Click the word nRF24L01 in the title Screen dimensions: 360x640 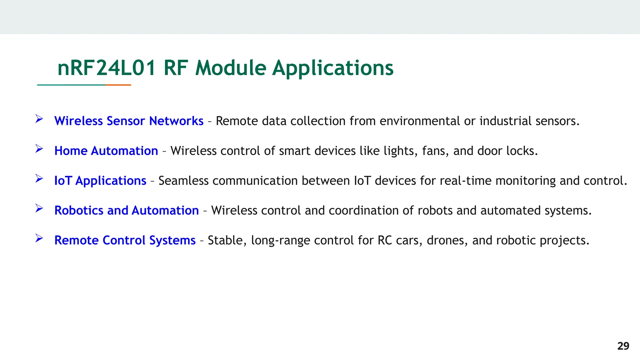tap(107, 68)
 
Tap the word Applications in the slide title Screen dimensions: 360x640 tap(332, 68)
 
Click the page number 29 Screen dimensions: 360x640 tap(623, 346)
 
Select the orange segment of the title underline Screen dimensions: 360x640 tap(118, 85)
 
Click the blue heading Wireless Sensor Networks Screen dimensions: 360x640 tap(129, 121)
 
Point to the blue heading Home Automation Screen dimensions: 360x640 tap(106, 151)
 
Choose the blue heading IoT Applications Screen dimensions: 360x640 tap(100, 181)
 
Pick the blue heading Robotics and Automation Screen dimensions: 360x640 tap(127, 210)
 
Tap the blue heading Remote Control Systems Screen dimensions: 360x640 tap(125, 240)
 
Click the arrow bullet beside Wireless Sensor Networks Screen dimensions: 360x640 tap(39, 119)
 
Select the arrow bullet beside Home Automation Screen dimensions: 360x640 tap(39, 149)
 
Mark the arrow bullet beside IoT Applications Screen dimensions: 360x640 tap(39, 178)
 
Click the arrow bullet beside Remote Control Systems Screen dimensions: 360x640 tap(39, 238)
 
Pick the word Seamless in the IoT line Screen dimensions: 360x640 tap(183, 181)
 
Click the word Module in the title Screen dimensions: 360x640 tap(231, 68)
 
